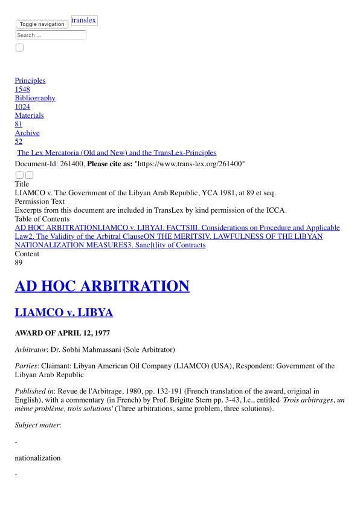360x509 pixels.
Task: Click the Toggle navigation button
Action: (x=42, y=24)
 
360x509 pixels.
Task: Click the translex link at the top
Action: (x=84, y=21)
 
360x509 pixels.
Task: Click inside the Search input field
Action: (x=51, y=35)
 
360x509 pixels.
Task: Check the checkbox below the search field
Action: (x=19, y=48)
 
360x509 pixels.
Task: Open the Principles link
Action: (x=30, y=80)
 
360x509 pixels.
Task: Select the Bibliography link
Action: (x=35, y=98)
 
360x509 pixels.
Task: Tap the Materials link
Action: (x=29, y=115)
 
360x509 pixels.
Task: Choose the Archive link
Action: (x=27, y=133)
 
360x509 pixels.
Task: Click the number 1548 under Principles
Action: (x=22, y=89)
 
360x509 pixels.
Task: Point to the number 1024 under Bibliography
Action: (x=22, y=107)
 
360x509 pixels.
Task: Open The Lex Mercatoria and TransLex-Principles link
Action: (x=117, y=153)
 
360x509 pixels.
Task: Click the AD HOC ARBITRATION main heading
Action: (x=102, y=286)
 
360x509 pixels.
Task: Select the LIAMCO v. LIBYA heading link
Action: (x=64, y=313)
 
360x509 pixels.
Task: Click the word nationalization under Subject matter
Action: (x=37, y=458)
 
